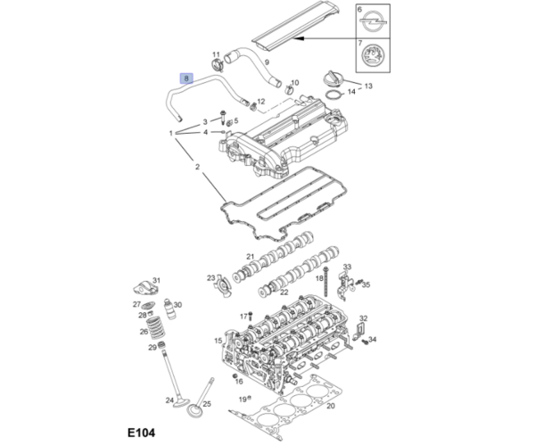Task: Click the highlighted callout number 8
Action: [186, 78]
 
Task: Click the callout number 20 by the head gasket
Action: [330, 406]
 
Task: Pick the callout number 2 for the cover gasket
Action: [197, 166]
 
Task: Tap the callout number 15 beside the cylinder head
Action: [217, 341]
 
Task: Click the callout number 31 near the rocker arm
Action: [156, 281]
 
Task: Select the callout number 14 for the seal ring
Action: [351, 91]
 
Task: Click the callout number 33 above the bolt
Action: [347, 268]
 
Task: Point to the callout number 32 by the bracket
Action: [363, 317]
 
